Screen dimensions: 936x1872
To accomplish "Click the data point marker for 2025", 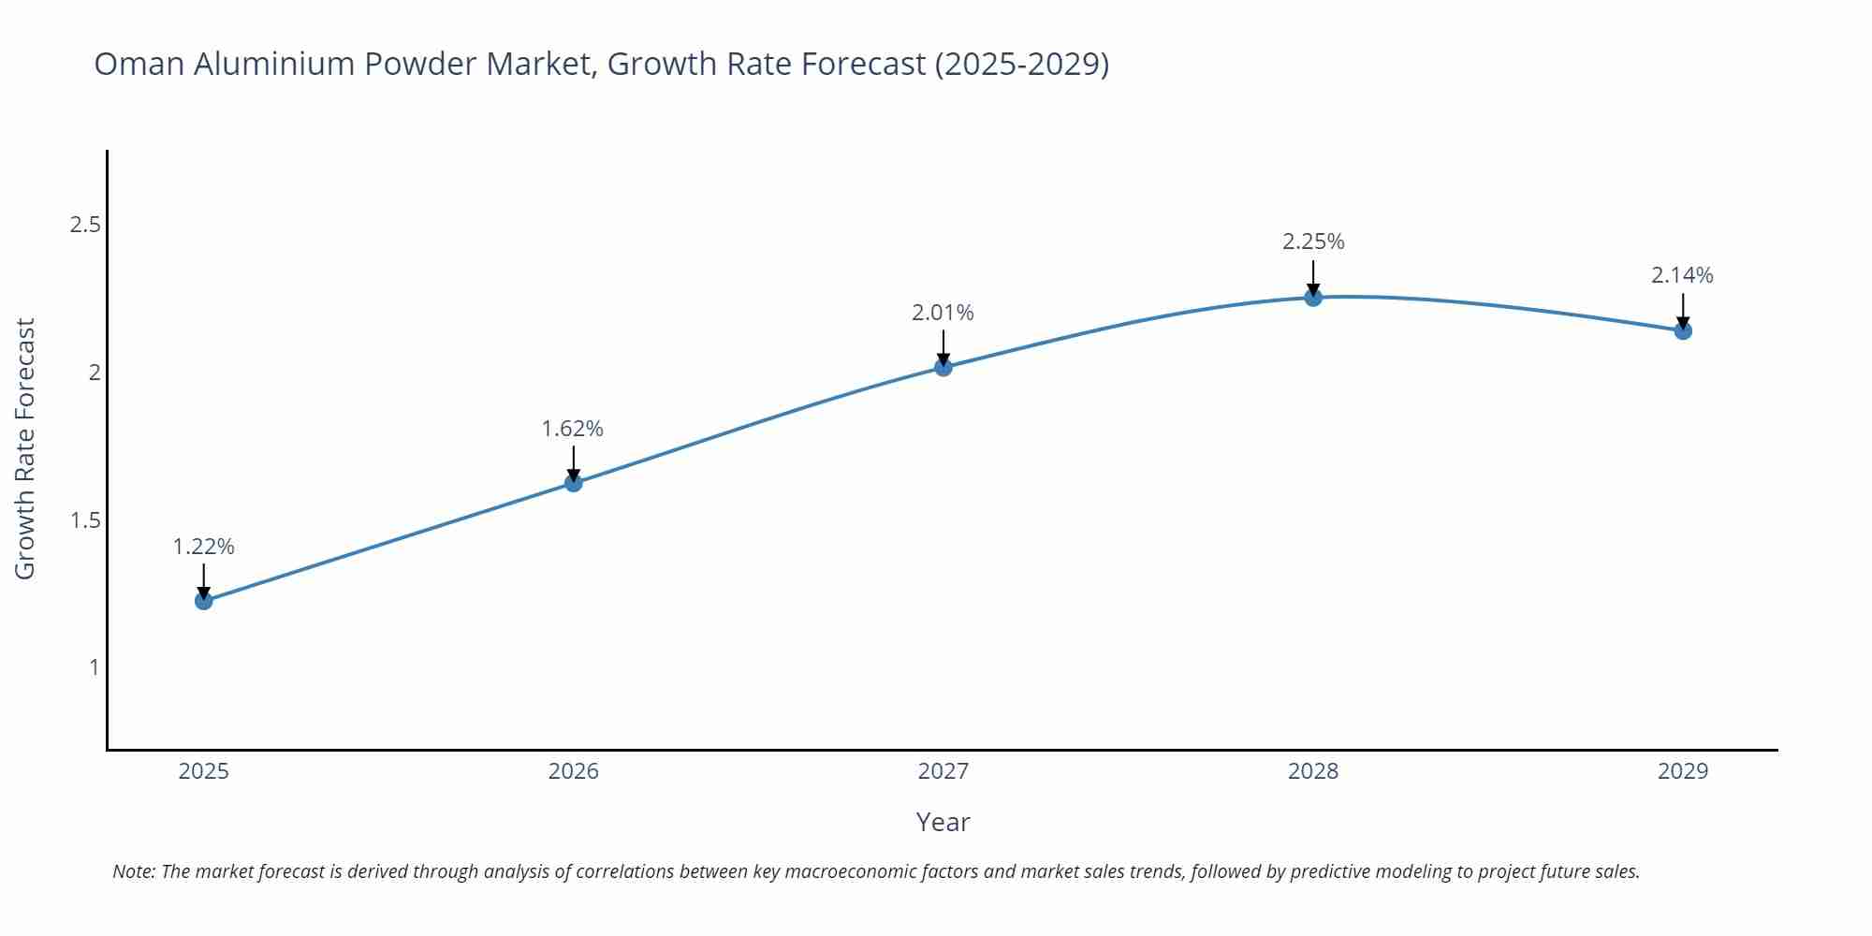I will (x=204, y=601).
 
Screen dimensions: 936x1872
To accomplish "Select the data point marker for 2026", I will (x=574, y=483).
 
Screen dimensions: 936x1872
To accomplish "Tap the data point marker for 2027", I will (x=943, y=367).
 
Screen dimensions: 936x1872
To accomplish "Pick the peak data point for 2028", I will (x=1313, y=298).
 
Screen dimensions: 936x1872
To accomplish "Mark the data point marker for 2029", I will (x=1683, y=330).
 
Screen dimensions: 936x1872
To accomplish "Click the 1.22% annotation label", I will (x=204, y=547).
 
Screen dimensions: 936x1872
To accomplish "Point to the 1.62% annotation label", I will (x=573, y=429).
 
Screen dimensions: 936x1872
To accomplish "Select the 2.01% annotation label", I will (x=943, y=313).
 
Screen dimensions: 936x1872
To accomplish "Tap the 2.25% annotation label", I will (x=1313, y=241).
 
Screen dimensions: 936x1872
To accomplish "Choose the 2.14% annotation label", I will (x=1682, y=275).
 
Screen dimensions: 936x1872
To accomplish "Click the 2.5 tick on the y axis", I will (x=85, y=225).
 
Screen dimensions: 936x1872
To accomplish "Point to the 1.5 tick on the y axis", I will (x=85, y=520).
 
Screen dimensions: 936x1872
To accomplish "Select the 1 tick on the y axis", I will (x=94, y=667).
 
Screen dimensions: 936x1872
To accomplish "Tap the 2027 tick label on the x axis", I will (x=943, y=771).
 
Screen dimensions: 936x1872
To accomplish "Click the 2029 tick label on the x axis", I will (x=1683, y=771).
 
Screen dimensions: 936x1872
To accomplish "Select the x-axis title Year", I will (x=943, y=822).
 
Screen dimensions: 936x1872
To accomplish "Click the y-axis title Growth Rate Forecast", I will (x=25, y=449).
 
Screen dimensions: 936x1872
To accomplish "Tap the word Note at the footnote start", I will (x=134, y=871).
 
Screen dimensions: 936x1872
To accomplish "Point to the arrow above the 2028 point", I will (x=1313, y=277).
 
